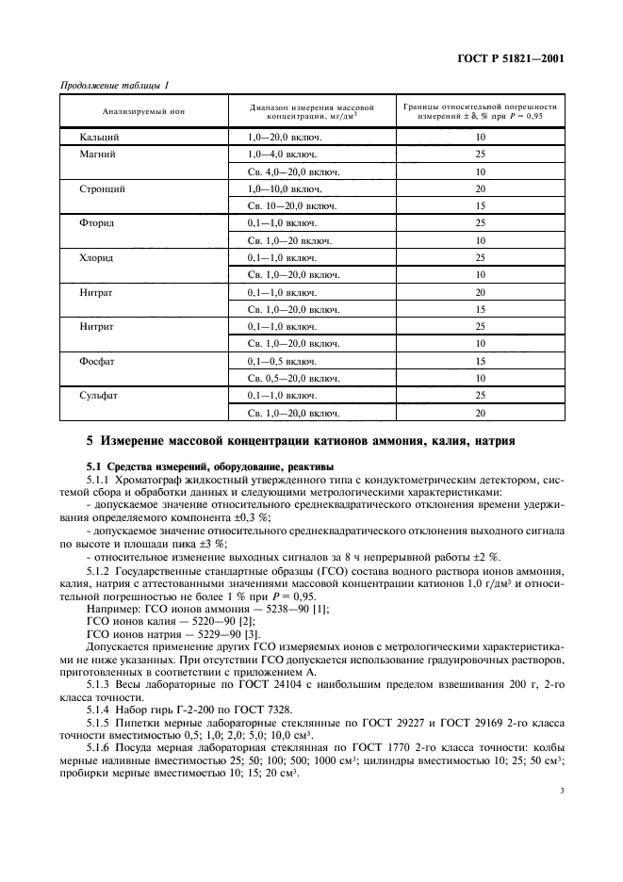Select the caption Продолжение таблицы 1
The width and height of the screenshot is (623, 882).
click(x=114, y=86)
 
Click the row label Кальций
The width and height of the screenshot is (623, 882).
click(x=99, y=137)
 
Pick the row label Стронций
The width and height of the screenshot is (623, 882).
click(x=103, y=188)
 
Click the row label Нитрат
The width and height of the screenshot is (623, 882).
click(x=98, y=291)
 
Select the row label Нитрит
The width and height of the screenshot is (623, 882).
click(x=98, y=325)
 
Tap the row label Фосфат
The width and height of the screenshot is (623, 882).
click(x=99, y=360)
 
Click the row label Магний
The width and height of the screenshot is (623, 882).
click(x=98, y=154)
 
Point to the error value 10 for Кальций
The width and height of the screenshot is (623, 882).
click(x=480, y=137)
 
